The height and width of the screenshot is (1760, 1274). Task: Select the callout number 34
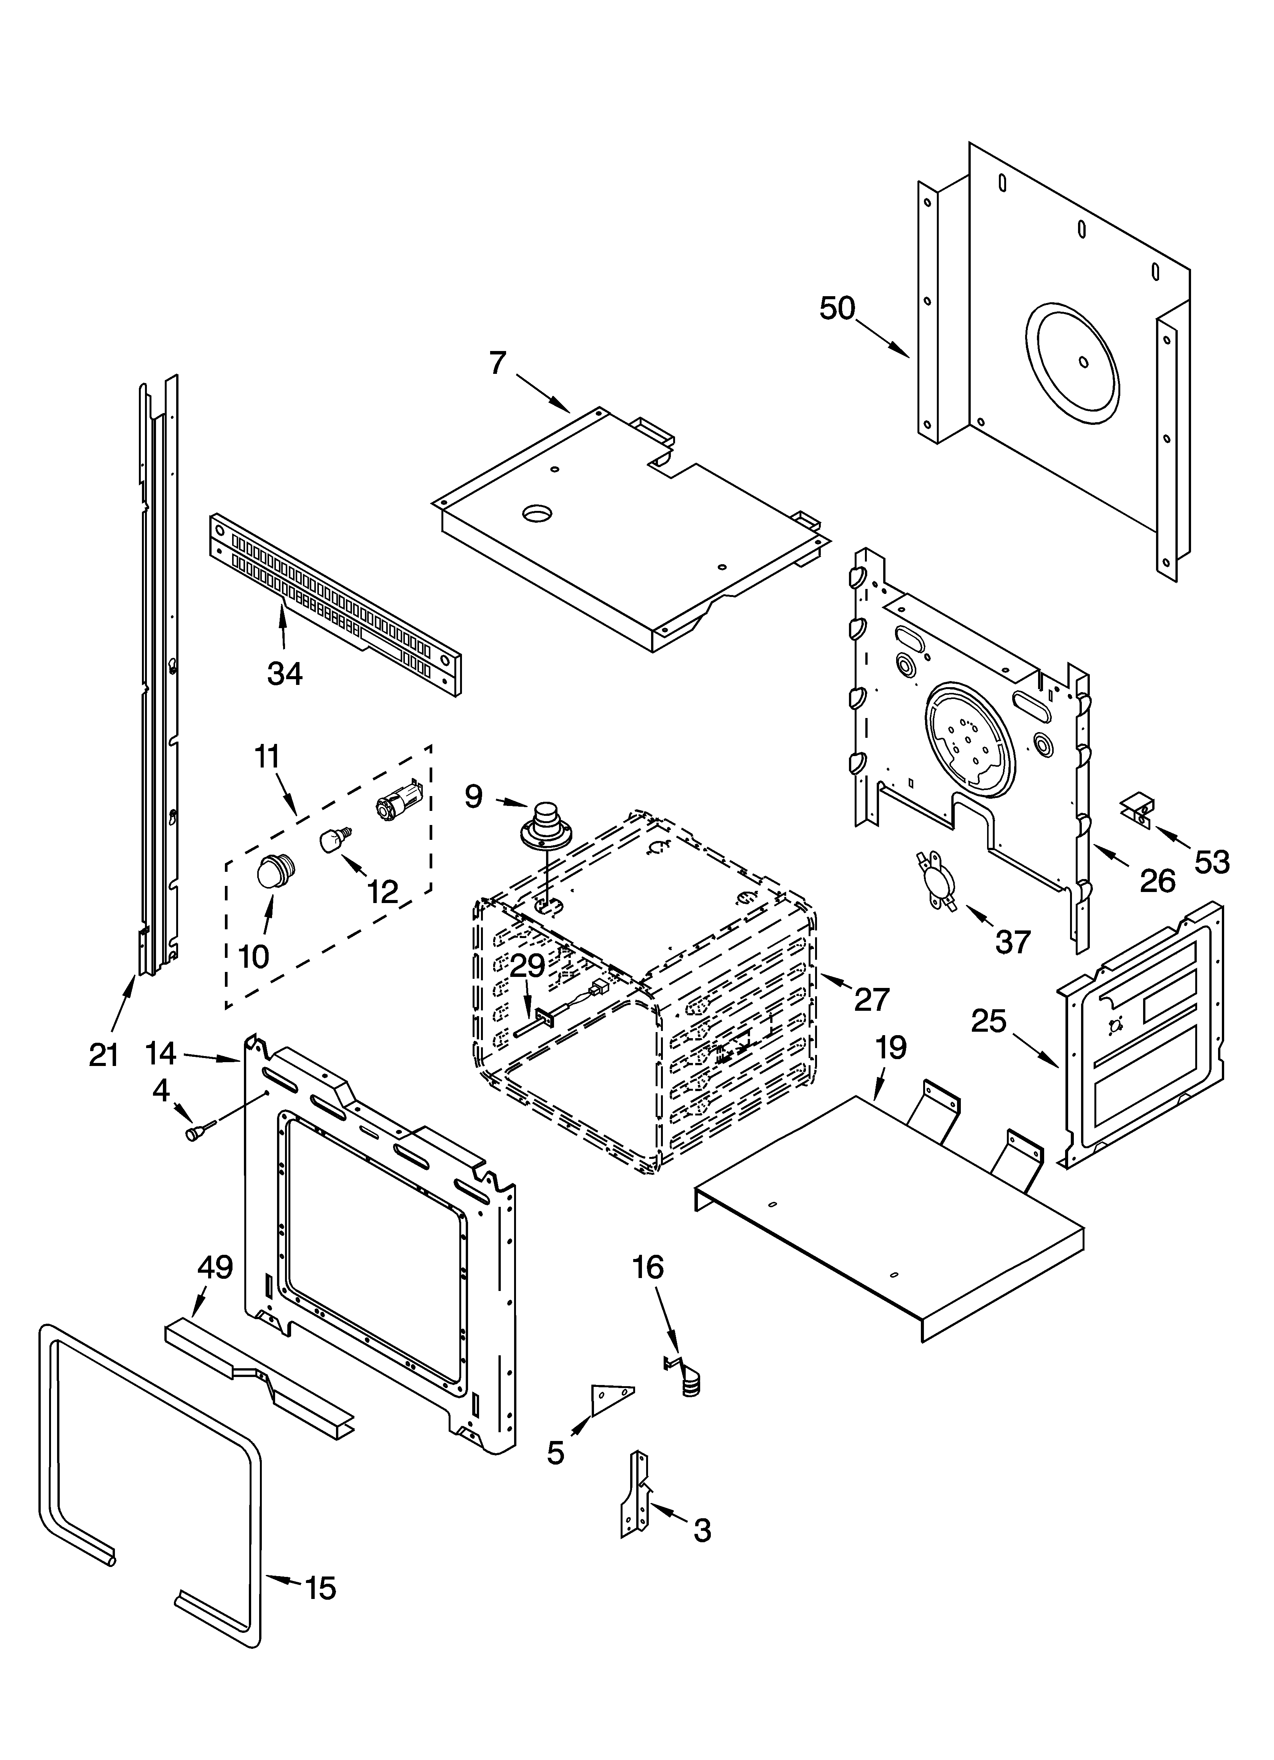coord(285,673)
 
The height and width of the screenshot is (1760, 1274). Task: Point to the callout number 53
coord(1212,862)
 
